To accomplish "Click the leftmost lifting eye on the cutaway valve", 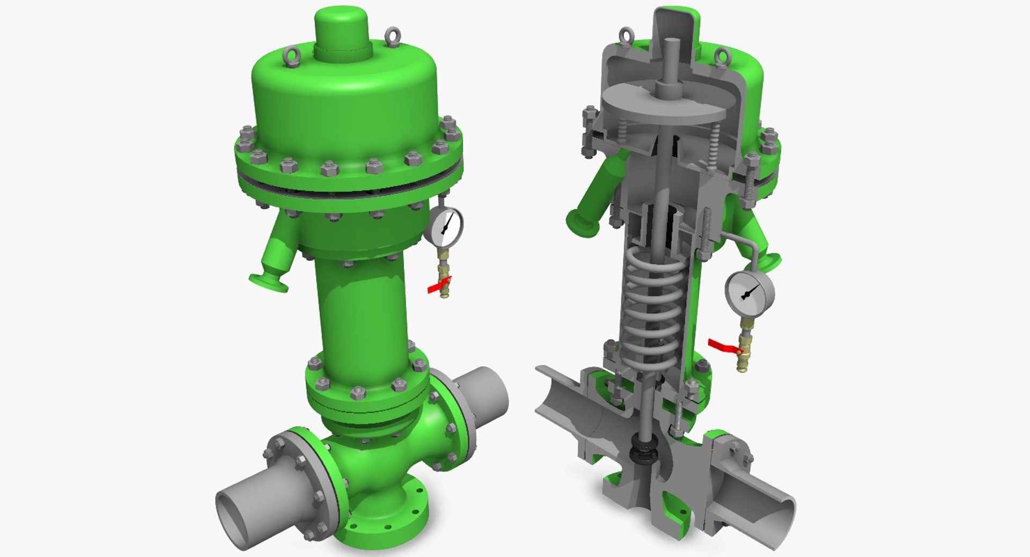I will [x=626, y=35].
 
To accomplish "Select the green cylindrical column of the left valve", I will [x=365, y=317].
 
